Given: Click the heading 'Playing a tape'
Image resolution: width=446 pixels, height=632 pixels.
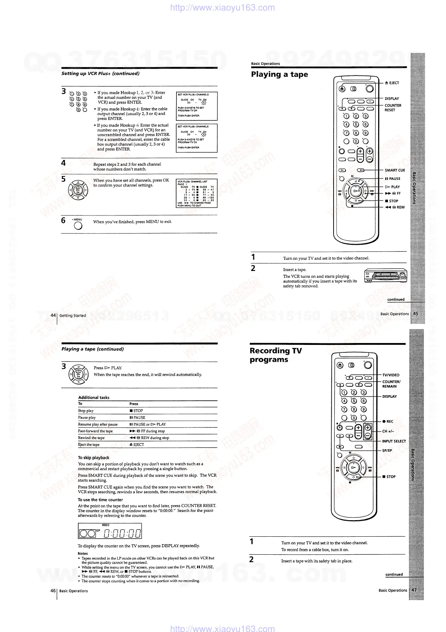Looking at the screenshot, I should click(279, 74).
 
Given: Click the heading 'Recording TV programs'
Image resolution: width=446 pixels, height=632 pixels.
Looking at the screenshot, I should click(275, 355).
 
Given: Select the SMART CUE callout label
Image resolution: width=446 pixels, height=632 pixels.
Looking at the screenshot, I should click(395, 170).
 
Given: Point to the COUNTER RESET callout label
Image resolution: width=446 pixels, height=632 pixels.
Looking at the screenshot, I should click(393, 108).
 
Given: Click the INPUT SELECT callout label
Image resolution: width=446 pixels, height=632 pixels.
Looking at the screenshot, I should click(394, 441).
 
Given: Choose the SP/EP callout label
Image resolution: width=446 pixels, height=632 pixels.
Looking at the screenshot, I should click(387, 450).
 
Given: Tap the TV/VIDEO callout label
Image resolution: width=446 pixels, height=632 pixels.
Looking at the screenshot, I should click(391, 375).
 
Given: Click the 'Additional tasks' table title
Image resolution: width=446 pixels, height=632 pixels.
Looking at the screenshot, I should click(94, 397).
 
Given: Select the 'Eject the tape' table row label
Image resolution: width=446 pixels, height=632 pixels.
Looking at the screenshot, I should click(89, 445).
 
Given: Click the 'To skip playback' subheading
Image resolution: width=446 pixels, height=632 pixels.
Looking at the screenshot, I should click(93, 458).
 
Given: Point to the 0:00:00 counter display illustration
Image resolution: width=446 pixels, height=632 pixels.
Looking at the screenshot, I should click(110, 531).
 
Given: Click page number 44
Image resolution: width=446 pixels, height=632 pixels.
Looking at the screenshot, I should click(53, 316).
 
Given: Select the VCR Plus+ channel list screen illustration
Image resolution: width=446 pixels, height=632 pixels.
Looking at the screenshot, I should click(196, 193).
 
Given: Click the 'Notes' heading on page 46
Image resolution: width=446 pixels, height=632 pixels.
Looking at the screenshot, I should click(82, 554).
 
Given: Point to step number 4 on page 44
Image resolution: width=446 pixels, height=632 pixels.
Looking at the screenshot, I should click(64, 163).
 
